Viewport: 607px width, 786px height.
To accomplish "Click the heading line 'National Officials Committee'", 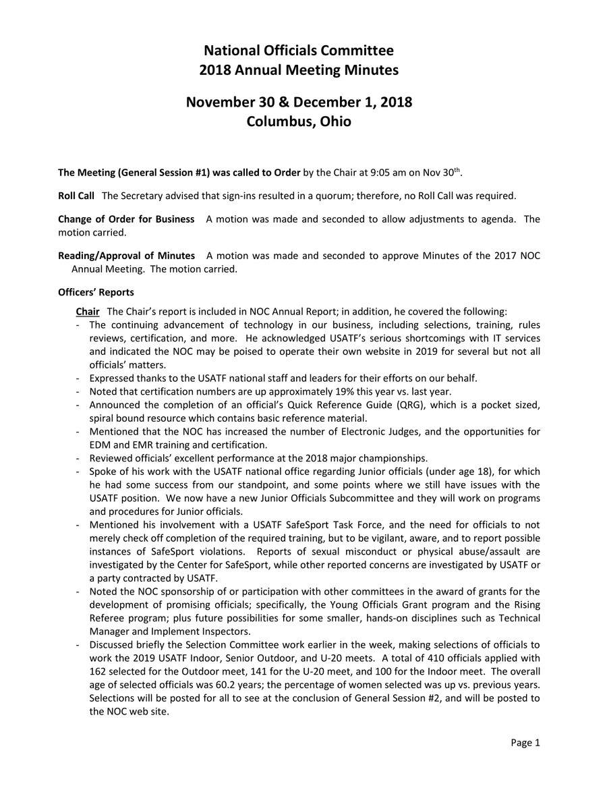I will [299, 51].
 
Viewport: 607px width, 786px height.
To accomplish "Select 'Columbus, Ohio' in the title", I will [299, 122].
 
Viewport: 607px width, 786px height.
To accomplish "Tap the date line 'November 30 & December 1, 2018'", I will [299, 103].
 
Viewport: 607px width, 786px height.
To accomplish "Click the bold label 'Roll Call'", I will [76, 196].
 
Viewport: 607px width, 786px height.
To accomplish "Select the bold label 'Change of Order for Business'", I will [126, 219].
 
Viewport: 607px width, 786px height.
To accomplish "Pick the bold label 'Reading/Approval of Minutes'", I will [126, 256].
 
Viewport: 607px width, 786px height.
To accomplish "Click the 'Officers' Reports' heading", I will [96, 292].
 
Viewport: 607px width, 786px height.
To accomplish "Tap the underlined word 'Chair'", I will [88, 312].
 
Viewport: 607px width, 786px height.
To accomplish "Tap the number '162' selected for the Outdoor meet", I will [98, 671].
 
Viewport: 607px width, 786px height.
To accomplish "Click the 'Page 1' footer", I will [525, 743].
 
